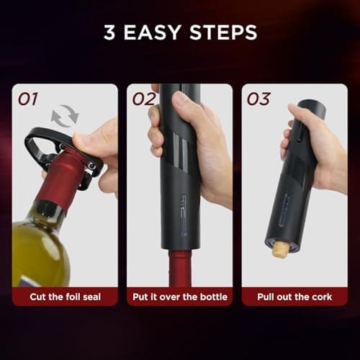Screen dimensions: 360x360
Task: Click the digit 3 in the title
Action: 109,34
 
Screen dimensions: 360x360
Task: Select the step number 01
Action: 30,99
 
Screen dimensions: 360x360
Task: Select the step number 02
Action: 144,99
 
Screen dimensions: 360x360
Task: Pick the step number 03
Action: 258,99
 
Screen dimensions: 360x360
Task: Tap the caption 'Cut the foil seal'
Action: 65,297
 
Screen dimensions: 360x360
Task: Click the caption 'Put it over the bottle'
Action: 179,297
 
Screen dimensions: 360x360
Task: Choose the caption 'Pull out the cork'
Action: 294,297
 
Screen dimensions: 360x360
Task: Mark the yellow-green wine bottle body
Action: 40,248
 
